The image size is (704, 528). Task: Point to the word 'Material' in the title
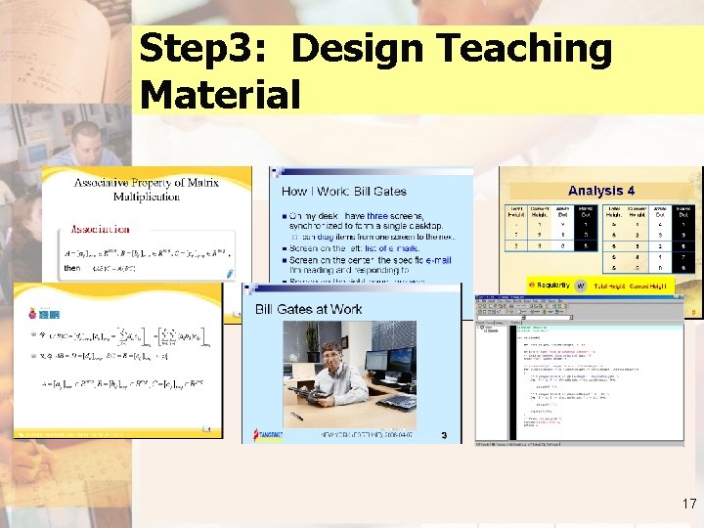220,95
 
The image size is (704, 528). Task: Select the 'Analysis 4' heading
601,191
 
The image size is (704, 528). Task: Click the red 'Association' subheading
101,230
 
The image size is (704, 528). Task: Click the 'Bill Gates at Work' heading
308,309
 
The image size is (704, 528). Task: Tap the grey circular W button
580,285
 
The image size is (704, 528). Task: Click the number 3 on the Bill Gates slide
444,435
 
